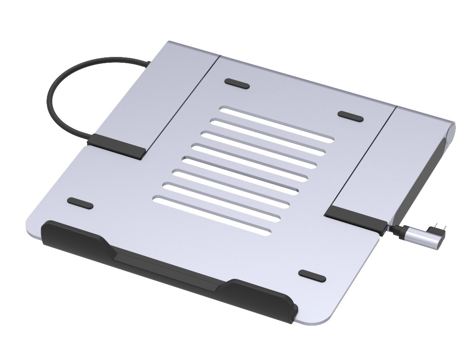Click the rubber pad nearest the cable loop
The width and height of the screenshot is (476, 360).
point(80,203)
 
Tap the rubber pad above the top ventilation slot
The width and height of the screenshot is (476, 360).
point(237,83)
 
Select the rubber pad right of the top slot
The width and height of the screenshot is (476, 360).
point(351,116)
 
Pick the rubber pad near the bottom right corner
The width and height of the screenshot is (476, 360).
point(312,276)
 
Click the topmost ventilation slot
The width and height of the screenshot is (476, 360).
point(277,121)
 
